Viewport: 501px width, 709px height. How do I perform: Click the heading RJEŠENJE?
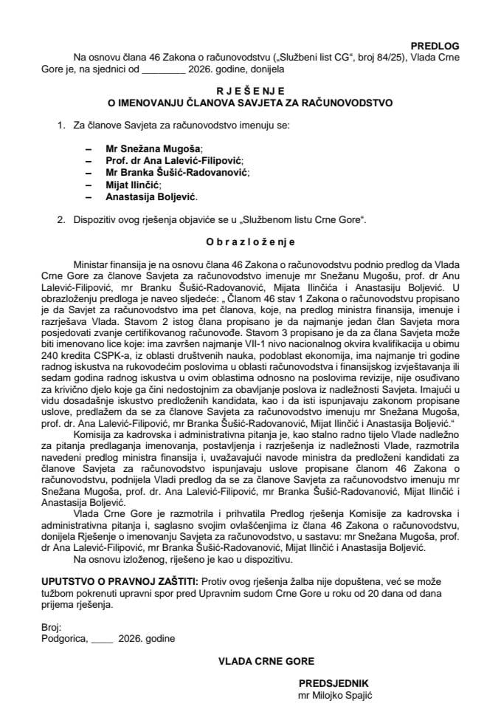pos(250,87)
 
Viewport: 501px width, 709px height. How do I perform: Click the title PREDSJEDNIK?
pos(328,683)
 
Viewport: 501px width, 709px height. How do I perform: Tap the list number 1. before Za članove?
pos(61,126)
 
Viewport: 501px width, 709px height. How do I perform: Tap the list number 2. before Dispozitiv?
pos(61,220)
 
